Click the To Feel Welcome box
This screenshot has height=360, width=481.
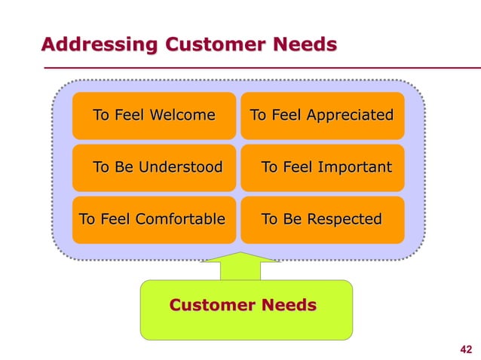pyautogui.click(x=154, y=116)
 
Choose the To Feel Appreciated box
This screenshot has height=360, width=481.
pyautogui.click(x=322, y=116)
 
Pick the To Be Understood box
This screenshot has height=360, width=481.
pyautogui.click(x=154, y=167)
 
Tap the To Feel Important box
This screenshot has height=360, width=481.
pyautogui.click(x=322, y=167)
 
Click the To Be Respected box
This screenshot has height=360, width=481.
pyautogui.click(x=322, y=220)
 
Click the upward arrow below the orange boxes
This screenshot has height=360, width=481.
pyautogui.click(x=240, y=267)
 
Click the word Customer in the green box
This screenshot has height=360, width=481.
pyautogui.click(x=214, y=306)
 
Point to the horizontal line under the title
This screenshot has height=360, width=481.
pyautogui.click(x=256, y=68)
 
